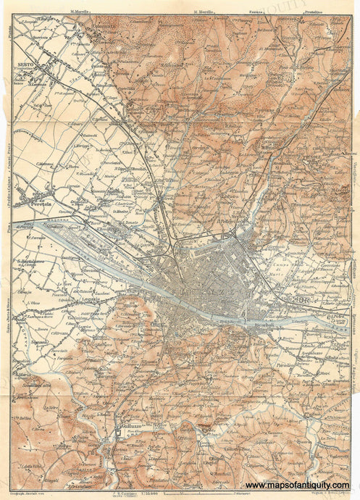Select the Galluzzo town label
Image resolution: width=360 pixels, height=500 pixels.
tap(131, 426)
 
